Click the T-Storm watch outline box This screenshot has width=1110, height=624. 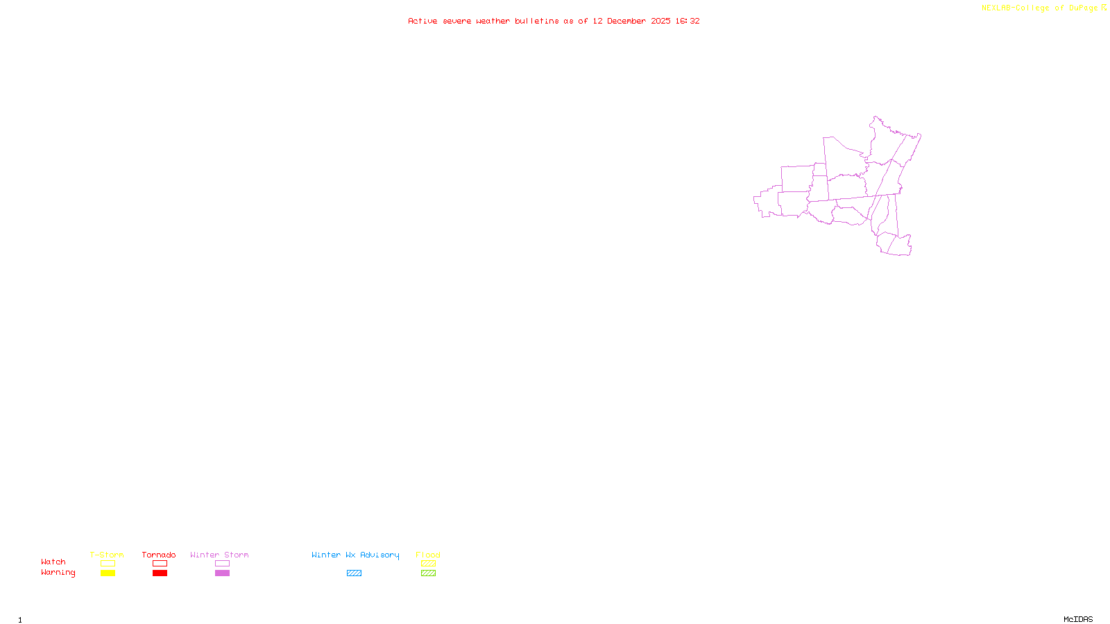[108, 564]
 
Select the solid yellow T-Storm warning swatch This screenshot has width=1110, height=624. [108, 573]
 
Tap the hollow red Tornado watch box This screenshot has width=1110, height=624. [160, 564]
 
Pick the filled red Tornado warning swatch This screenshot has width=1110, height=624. [160, 573]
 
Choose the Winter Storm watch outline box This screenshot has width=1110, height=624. [222, 564]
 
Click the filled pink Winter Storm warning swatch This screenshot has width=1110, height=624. [222, 573]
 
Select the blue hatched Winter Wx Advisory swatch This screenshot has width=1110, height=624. [354, 573]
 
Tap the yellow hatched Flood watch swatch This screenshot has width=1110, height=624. [428, 564]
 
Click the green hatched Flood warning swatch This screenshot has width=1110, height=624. [428, 573]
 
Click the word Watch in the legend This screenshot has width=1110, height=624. [53, 562]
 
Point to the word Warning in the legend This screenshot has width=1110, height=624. [58, 573]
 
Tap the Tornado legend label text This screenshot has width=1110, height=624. [159, 555]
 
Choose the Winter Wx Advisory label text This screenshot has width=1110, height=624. [355, 555]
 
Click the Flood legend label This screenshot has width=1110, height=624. [428, 555]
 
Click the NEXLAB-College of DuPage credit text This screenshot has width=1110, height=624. [1040, 8]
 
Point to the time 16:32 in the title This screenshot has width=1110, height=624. [688, 21]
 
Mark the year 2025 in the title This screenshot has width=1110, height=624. [660, 21]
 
